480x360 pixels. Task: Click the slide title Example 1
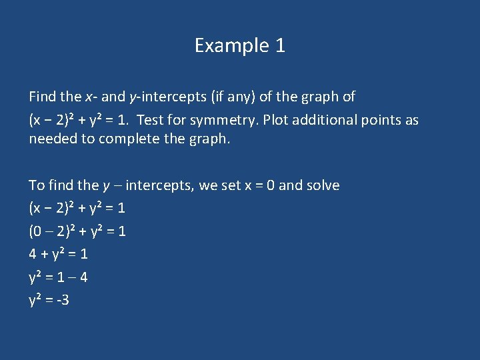240,45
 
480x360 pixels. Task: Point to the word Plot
277,120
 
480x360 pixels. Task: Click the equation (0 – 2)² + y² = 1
77,231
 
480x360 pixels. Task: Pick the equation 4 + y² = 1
59,254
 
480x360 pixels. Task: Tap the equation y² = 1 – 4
59,277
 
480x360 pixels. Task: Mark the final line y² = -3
49,300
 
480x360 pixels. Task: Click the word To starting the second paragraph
37,185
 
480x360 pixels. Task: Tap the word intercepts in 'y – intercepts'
158,185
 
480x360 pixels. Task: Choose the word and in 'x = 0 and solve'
289,185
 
